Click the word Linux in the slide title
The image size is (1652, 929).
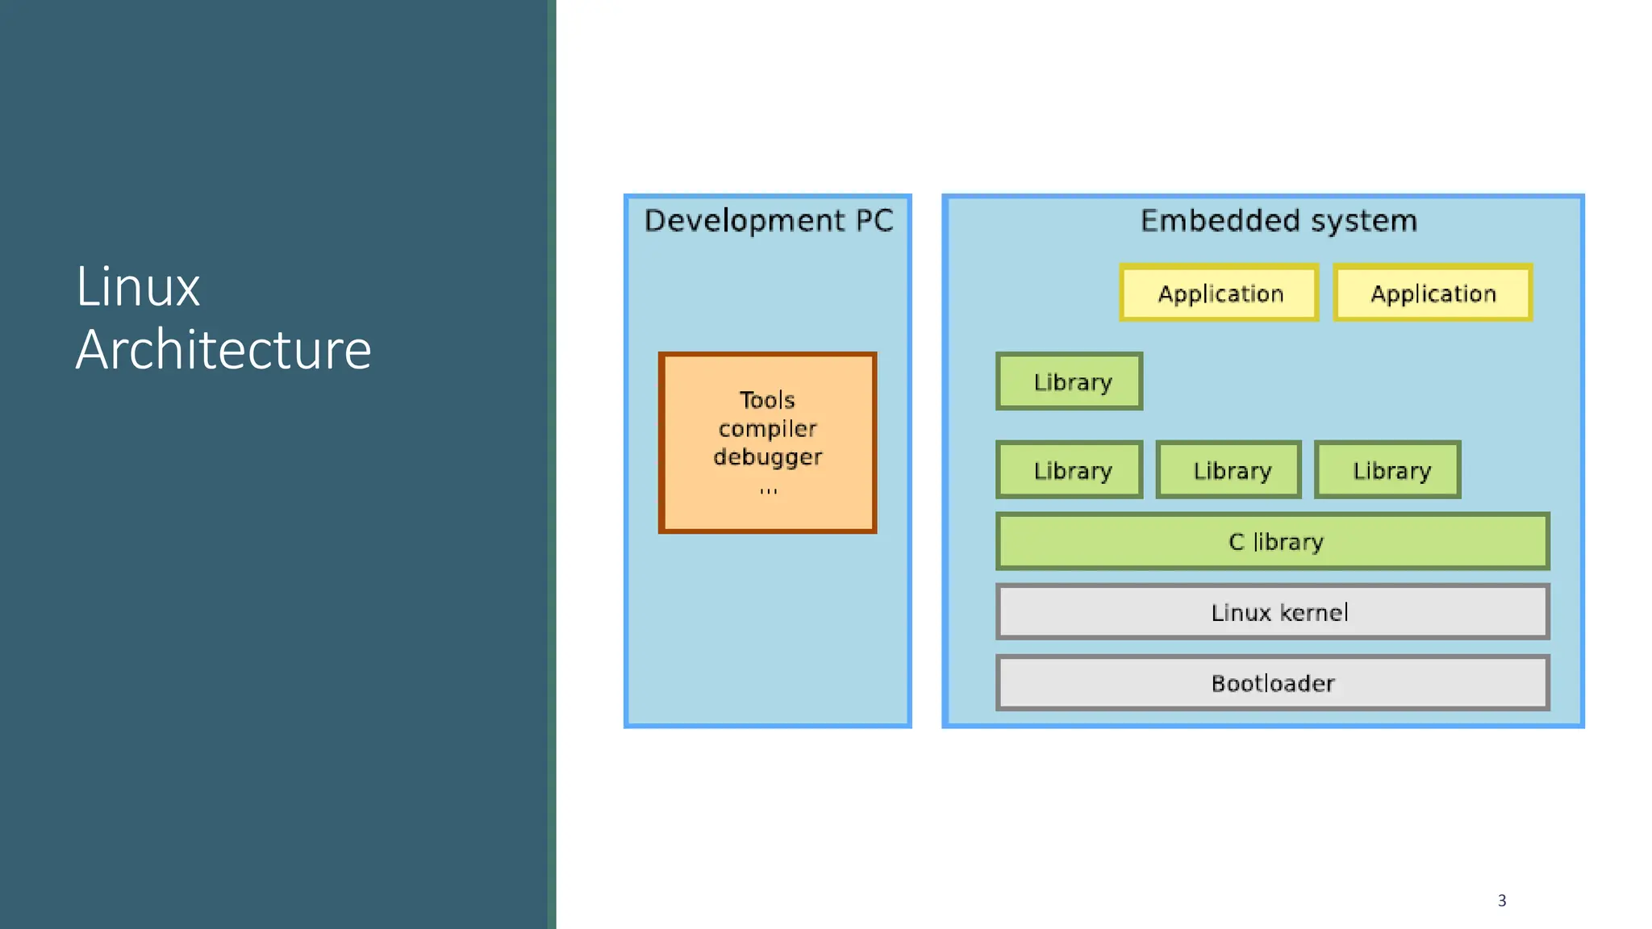tap(138, 287)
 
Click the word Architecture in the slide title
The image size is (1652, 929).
tap(223, 350)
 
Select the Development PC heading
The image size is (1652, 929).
tap(768, 221)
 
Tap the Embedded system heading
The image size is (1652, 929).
tap(1278, 221)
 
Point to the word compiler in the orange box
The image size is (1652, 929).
tap(767, 429)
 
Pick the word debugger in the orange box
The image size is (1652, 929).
tap(767, 457)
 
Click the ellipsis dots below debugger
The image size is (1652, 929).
tap(768, 489)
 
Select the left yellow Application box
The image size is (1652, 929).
tap(1219, 294)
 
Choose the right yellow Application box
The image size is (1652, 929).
tap(1433, 294)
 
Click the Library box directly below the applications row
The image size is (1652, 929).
tap(1070, 381)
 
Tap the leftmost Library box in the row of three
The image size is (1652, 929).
tap(1070, 470)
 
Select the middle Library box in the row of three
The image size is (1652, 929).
tap(1229, 470)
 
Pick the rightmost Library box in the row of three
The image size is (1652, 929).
tap(1388, 470)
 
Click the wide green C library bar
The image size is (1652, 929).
tap(1273, 542)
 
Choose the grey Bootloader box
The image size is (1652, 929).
tap(1273, 684)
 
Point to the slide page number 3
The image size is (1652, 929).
tap(1501, 901)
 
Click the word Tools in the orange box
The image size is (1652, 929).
tap(767, 400)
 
